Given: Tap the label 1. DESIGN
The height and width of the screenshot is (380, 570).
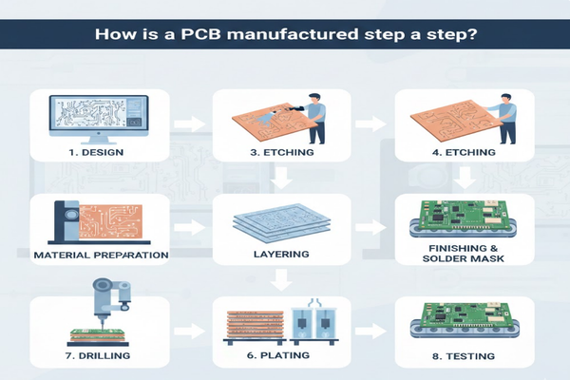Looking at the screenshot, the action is click(x=96, y=152).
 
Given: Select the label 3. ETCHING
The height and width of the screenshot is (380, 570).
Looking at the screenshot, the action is click(x=282, y=152).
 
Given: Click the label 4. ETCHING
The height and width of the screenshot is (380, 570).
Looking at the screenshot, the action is click(x=464, y=152).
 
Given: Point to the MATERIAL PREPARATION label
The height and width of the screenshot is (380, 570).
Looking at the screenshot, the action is click(x=101, y=255).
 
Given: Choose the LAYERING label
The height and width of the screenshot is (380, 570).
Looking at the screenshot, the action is click(x=281, y=254).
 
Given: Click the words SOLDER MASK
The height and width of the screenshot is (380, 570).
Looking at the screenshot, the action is click(x=464, y=258).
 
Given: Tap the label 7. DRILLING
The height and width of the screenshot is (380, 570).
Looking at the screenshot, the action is click(x=98, y=355).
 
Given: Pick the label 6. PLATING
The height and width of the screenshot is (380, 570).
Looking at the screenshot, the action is click(x=278, y=355).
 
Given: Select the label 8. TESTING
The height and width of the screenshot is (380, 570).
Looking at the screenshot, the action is click(x=464, y=356).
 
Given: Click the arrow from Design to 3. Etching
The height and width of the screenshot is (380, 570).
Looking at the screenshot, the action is click(x=189, y=124).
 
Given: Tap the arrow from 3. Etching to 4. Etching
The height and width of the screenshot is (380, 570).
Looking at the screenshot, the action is click(x=370, y=124).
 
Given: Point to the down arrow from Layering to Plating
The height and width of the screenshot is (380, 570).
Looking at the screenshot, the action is click(x=282, y=280).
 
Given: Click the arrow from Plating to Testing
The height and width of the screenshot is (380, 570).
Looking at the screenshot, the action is click(x=370, y=331).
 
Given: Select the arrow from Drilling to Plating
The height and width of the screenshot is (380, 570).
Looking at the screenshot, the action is click(x=189, y=331).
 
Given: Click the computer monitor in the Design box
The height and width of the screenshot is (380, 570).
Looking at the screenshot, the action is click(x=99, y=120).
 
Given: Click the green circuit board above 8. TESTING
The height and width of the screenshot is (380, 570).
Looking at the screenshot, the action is click(x=465, y=316).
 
